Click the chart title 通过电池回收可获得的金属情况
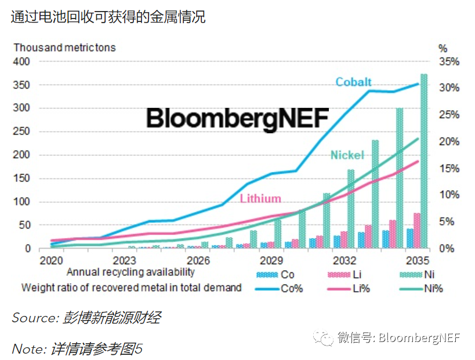[x=108, y=17]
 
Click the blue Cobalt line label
[x=353, y=82]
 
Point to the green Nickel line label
[x=347, y=155]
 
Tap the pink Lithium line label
[x=260, y=198]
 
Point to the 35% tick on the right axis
[x=450, y=61]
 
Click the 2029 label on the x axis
[x=271, y=260]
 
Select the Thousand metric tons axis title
[x=64, y=48]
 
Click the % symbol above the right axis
[x=443, y=48]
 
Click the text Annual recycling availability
[x=130, y=272]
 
